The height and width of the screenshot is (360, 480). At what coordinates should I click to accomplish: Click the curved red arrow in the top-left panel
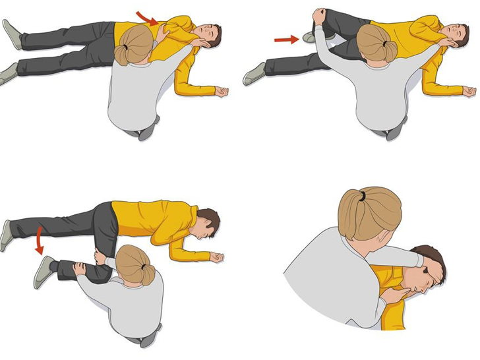click(x=147, y=18)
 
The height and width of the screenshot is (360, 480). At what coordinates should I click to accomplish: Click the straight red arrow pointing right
click(x=287, y=40)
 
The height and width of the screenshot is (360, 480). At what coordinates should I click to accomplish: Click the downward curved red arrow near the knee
click(x=40, y=241)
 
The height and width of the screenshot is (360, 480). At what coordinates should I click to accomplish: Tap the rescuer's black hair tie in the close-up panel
click(x=359, y=196)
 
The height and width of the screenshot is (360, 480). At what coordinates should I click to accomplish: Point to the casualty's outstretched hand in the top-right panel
click(x=468, y=92)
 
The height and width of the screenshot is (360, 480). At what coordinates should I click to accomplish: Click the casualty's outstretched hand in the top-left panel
click(x=222, y=92)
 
